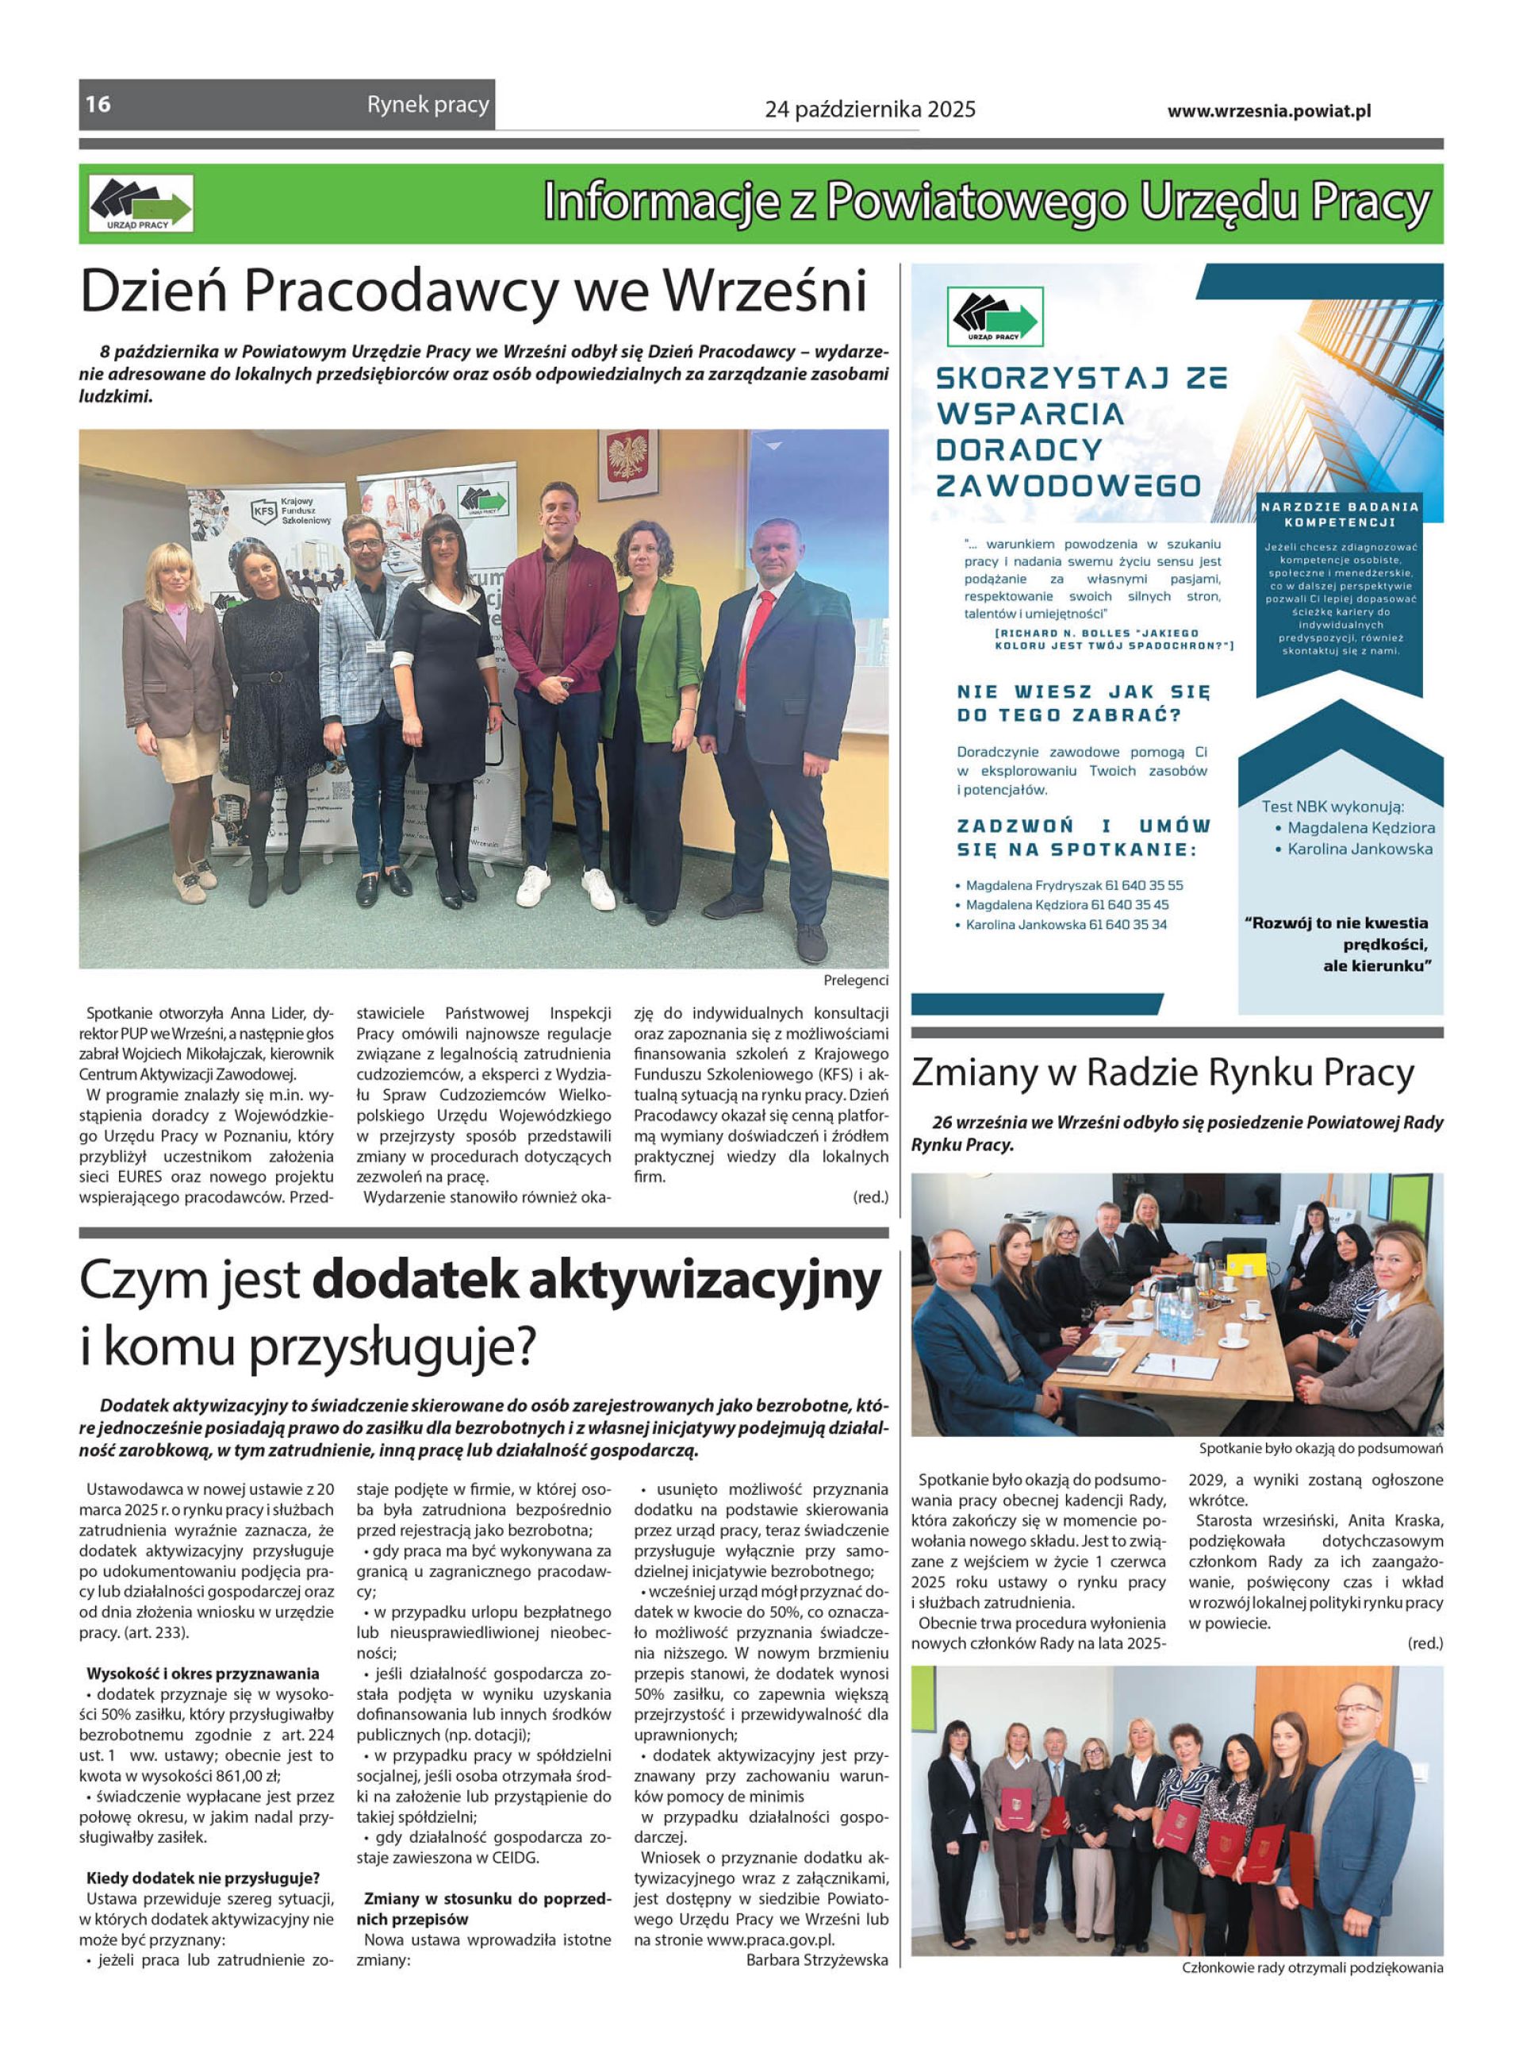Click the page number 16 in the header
(98, 104)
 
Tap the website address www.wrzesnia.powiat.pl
(1268, 110)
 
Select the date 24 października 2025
(869, 110)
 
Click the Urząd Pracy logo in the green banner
(141, 204)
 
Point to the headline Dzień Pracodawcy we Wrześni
(473, 291)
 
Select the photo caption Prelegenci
(856, 980)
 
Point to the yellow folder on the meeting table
(1247, 1263)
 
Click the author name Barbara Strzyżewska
(817, 1959)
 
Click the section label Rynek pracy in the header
(428, 105)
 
